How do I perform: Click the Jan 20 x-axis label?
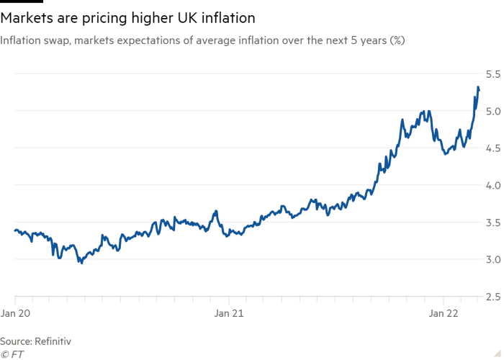coord(15,313)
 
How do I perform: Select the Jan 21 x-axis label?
coord(228,313)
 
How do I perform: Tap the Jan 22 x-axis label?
coord(443,313)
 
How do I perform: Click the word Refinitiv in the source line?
coord(53,340)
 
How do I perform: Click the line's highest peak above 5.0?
coord(478,87)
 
